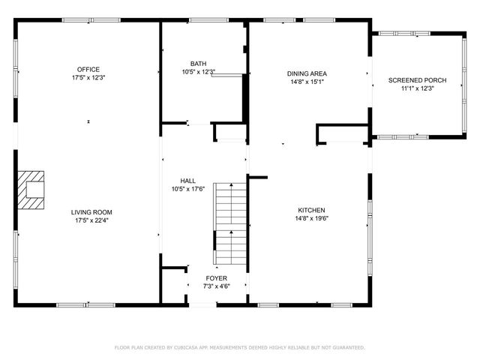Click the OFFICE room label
pyautogui.click(x=88, y=69)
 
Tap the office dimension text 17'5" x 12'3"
pyautogui.click(x=88, y=77)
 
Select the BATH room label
pyautogui.click(x=198, y=64)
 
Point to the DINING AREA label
pyautogui.click(x=307, y=73)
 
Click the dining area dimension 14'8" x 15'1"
pyautogui.click(x=307, y=82)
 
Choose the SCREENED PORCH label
pyautogui.click(x=412, y=79)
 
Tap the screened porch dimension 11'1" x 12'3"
pyautogui.click(x=412, y=88)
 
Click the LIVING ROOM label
pyautogui.click(x=91, y=212)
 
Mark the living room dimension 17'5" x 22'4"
pyautogui.click(x=91, y=220)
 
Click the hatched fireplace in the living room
pyautogui.click(x=32, y=185)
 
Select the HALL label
pyautogui.click(x=187, y=181)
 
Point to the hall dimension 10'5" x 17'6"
pyautogui.click(x=187, y=189)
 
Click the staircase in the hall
pyautogui.click(x=230, y=223)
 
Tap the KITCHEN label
pyautogui.click(x=310, y=210)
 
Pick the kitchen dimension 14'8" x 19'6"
pyautogui.click(x=310, y=218)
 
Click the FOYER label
pyautogui.click(x=217, y=278)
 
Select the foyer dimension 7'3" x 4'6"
pyautogui.click(x=217, y=286)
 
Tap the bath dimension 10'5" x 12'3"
pyautogui.click(x=198, y=72)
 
